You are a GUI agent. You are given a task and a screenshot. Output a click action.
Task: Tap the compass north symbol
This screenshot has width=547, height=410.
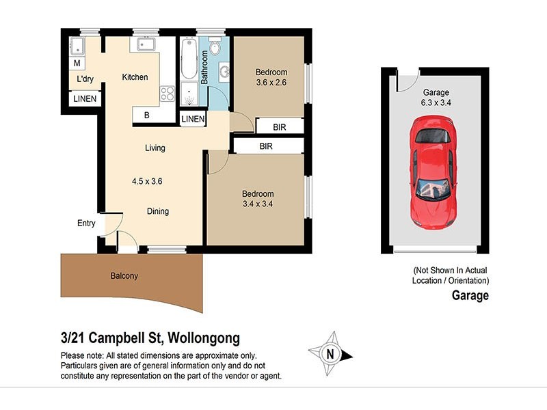point(332,354)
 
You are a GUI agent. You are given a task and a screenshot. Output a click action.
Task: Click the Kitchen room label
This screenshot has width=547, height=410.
point(135,77)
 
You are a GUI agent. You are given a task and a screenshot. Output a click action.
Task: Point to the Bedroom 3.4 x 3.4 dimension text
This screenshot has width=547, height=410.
point(258,204)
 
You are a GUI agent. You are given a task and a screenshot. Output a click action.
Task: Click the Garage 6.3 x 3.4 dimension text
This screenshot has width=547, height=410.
point(436,103)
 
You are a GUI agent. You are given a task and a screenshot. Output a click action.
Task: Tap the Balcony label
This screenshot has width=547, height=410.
point(124,277)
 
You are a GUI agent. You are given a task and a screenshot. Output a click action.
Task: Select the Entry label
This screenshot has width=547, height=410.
point(87,223)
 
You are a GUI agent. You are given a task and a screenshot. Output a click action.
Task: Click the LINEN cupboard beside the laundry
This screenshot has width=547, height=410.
point(85,100)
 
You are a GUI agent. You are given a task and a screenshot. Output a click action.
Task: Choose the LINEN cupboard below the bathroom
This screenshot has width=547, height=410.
point(194,120)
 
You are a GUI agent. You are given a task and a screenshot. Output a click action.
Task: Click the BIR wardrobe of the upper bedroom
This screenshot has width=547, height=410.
point(279,127)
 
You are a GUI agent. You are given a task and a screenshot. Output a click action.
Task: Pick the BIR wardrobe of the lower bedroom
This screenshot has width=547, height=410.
point(266,146)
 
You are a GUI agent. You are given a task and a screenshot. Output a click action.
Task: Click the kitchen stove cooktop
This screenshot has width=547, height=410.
point(167,94)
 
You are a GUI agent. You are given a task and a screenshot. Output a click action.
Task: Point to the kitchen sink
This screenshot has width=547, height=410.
point(147,44)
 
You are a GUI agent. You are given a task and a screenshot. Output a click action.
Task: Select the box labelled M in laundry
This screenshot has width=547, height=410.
point(77,64)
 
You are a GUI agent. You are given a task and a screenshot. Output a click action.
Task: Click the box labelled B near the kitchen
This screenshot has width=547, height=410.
point(147,115)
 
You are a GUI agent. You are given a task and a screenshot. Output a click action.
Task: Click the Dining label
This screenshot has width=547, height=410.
point(158,212)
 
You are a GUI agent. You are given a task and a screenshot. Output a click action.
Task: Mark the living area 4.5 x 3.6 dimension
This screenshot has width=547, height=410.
point(147,182)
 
